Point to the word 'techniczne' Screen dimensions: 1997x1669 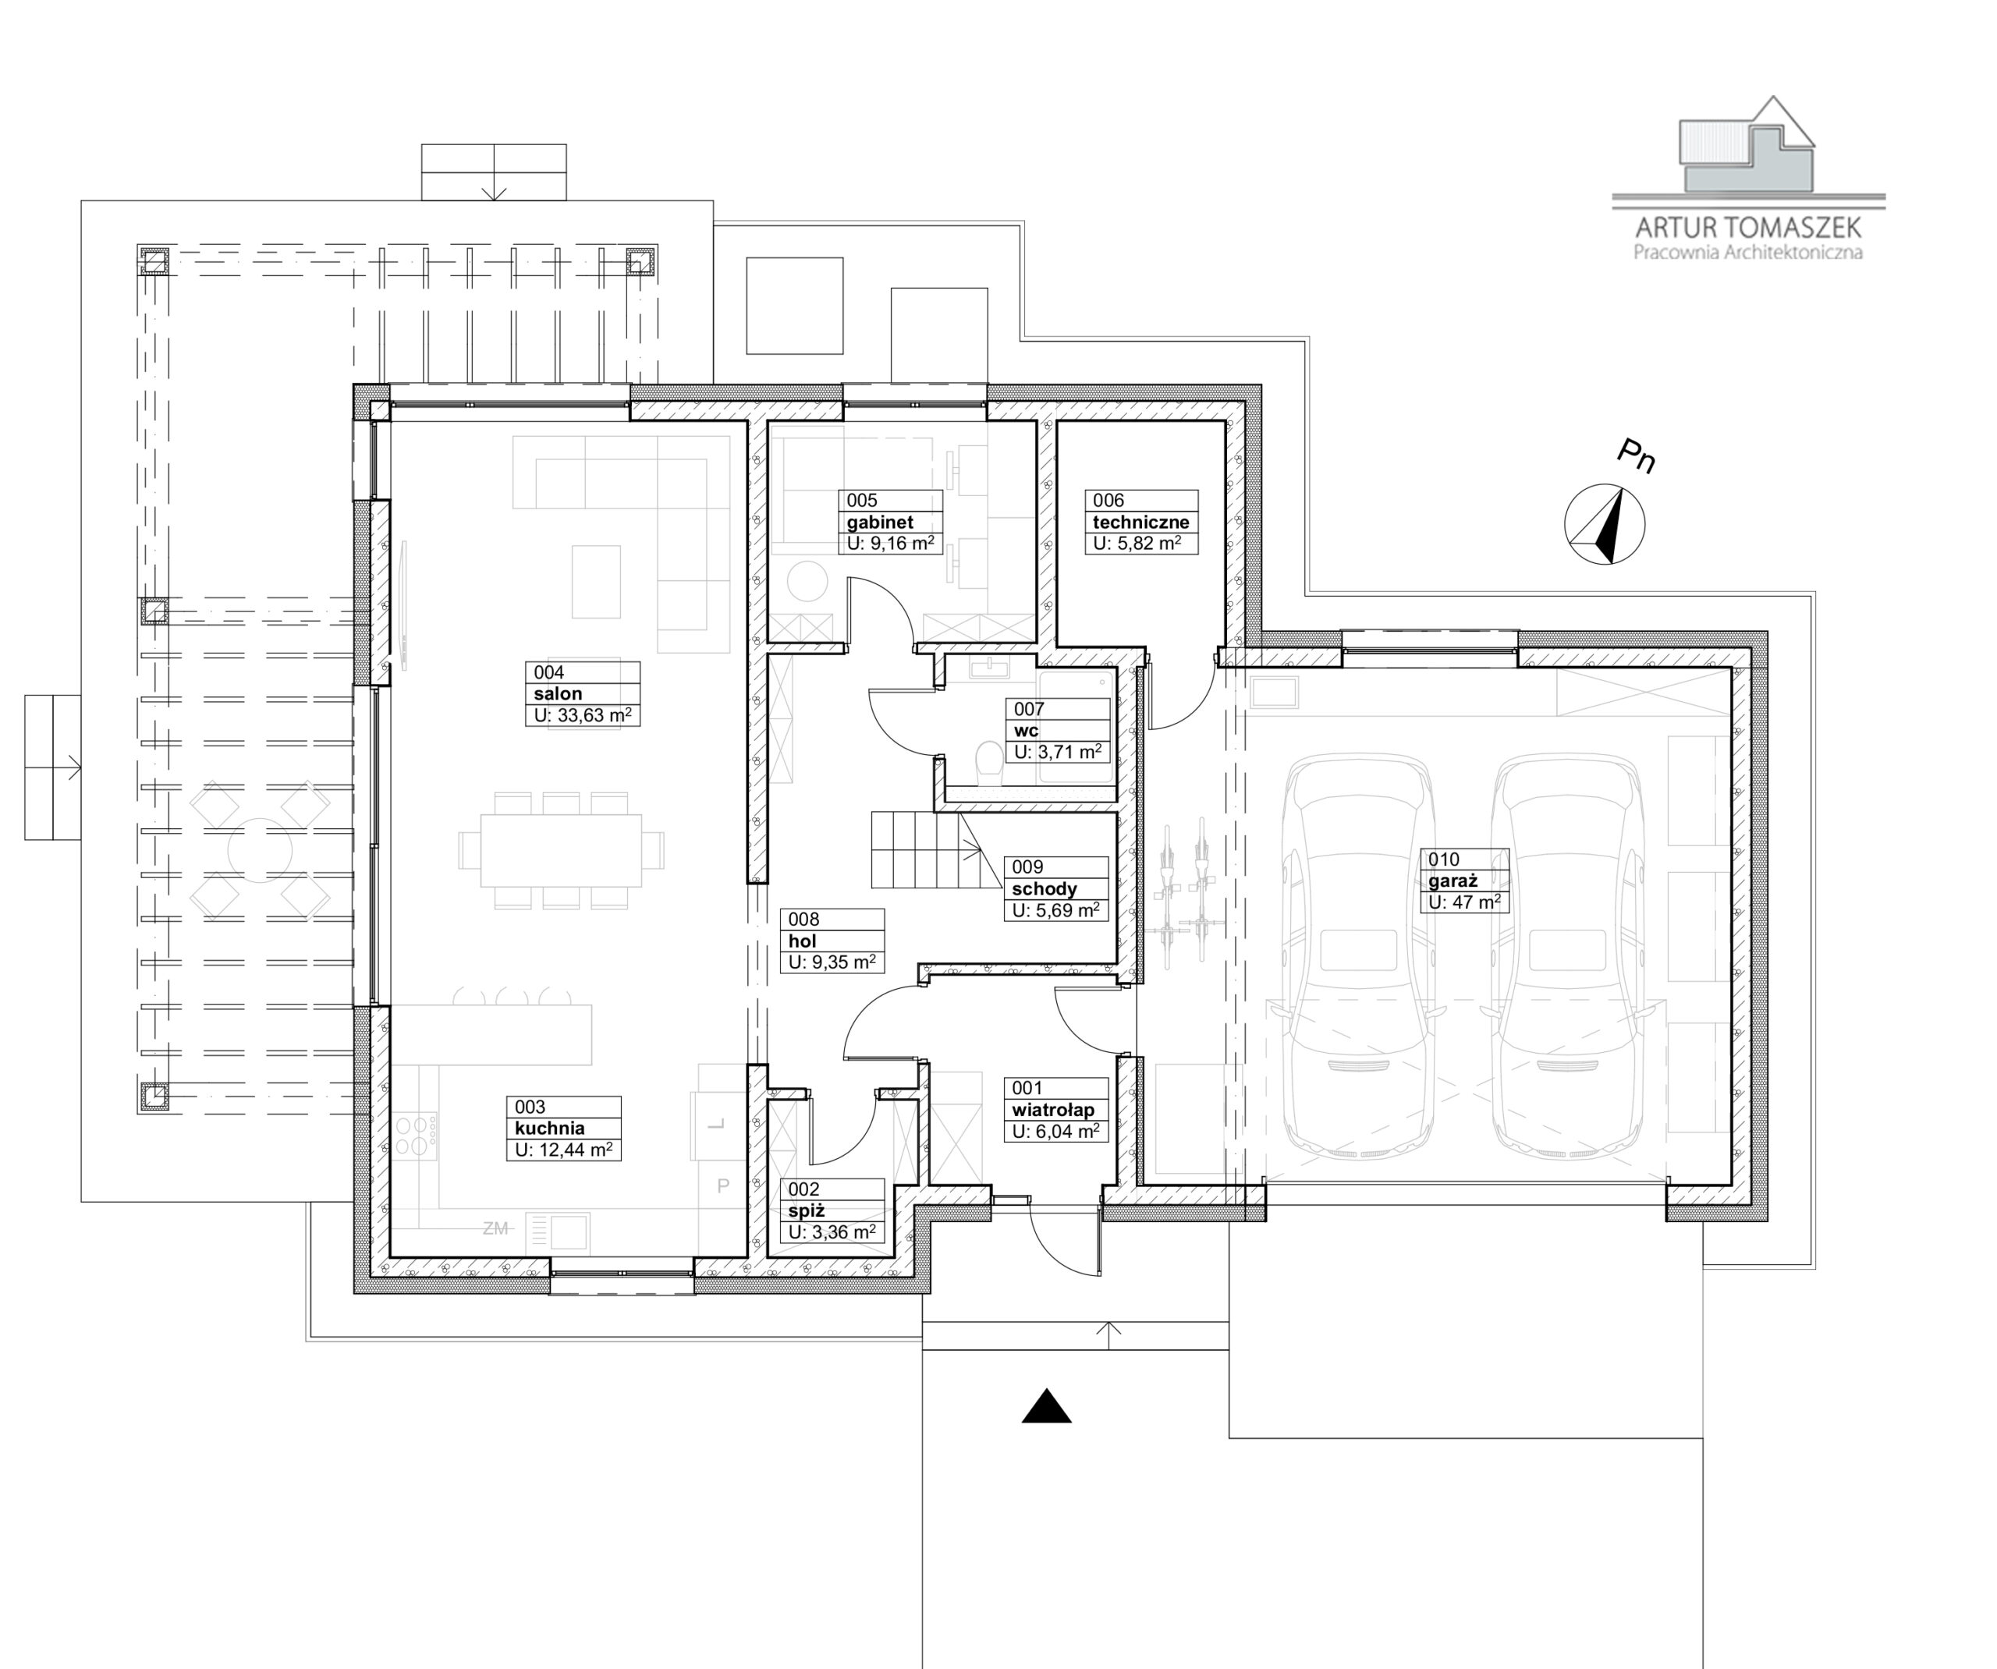point(1141,522)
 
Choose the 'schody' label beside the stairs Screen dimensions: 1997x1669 point(1045,889)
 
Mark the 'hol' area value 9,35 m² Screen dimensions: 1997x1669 point(832,962)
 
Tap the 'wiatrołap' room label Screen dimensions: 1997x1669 point(1052,1110)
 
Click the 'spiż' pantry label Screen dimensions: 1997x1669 point(806,1211)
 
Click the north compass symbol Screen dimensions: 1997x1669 point(1605,524)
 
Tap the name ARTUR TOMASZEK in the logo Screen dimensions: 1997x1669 point(1748,227)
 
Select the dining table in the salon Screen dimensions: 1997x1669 point(561,850)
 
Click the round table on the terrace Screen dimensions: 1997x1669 point(260,850)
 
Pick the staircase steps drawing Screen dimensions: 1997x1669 point(920,850)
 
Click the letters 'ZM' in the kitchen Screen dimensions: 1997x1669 point(495,1228)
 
